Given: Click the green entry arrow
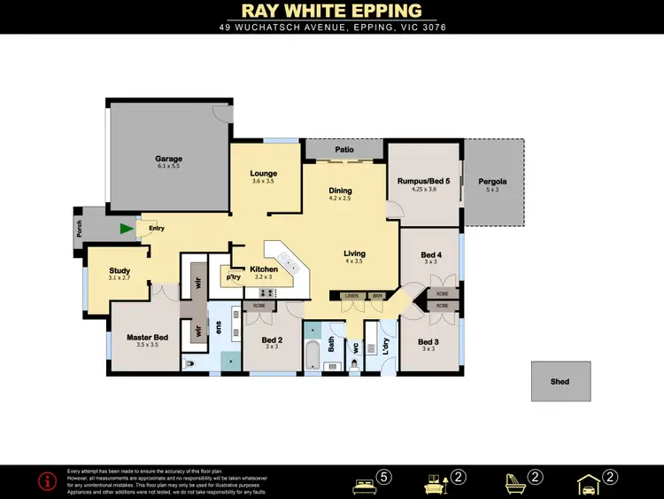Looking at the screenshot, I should (127, 229).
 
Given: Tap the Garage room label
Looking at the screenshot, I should (168, 160).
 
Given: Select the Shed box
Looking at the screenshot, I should (560, 381).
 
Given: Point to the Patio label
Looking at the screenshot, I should (344, 151).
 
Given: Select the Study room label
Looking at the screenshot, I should (120, 271).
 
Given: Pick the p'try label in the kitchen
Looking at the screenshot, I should (234, 277).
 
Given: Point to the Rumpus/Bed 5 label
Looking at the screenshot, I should (424, 182).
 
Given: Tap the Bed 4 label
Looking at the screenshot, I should (431, 255).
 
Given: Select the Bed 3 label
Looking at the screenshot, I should (429, 341).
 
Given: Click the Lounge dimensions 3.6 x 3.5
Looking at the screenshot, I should (264, 181).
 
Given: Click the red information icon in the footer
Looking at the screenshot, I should (48, 480).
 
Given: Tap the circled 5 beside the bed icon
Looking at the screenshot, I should (383, 478).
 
